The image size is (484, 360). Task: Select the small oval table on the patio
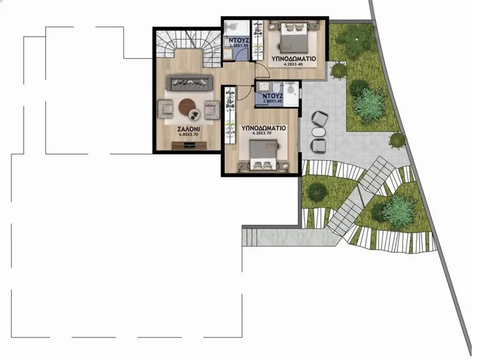coord(318,132)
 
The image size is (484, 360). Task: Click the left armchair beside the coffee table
coord(166,109)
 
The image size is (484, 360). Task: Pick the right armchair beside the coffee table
coord(211,110)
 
